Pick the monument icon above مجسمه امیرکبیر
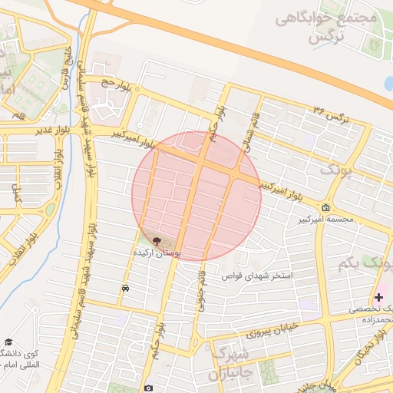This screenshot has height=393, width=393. point(326,208)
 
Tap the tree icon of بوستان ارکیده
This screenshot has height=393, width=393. point(157,241)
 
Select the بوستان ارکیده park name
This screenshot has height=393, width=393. point(157,252)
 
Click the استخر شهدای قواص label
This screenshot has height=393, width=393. point(258,275)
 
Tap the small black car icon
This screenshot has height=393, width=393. point(124,289)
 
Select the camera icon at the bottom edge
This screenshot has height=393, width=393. point(148,388)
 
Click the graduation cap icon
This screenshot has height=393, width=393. point(8,342)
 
